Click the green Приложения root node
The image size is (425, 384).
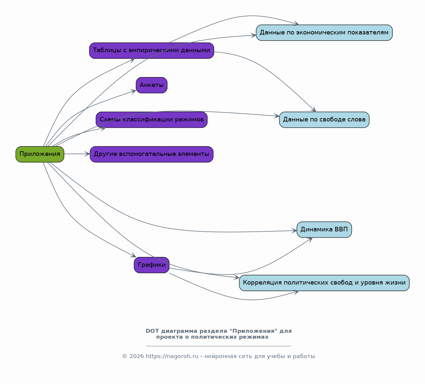point(40,154)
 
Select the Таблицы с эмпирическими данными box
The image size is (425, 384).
point(152,51)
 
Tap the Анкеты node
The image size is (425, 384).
point(152,85)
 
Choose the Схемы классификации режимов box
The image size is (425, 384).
point(152,120)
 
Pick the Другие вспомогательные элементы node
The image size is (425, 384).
point(152,154)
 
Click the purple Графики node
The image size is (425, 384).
point(152,265)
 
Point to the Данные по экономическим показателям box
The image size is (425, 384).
point(324,32)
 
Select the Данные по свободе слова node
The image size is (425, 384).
point(324,120)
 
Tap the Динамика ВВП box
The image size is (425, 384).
point(324,229)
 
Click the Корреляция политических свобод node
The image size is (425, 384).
point(324,283)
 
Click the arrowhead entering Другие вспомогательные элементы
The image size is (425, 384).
point(87,154)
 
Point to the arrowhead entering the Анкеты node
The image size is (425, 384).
point(133,92)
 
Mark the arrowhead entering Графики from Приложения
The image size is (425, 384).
point(133,255)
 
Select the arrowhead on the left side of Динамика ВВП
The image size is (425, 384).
point(294,231)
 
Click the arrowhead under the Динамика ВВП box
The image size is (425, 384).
point(310,240)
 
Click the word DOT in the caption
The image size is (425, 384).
point(152,331)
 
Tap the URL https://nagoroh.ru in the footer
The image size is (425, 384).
point(172,356)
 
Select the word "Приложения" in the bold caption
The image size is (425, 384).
point(253,331)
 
